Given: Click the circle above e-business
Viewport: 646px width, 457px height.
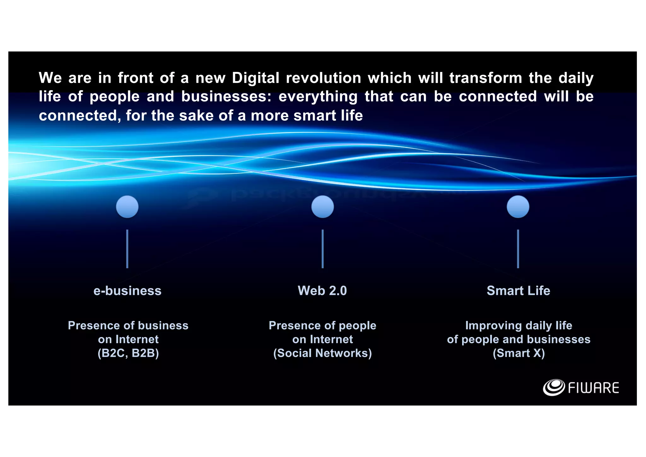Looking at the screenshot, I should [x=127, y=207].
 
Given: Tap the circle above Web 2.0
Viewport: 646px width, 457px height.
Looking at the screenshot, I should [x=322, y=207].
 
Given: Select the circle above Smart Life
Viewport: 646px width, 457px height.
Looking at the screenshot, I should [x=518, y=207].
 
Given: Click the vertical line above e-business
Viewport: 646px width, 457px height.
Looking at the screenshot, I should [x=127, y=249].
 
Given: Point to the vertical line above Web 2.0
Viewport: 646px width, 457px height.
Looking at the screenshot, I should [x=322, y=249].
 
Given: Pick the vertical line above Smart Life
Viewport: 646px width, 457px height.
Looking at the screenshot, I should [x=518, y=249].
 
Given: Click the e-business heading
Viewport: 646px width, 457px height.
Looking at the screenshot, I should [x=127, y=291].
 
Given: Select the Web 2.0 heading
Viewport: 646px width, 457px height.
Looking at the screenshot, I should [x=322, y=291].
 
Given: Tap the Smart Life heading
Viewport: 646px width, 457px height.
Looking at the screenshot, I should [x=518, y=291].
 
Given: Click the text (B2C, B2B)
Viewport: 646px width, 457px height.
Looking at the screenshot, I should [x=128, y=353].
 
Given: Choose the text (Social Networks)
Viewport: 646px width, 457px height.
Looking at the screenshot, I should [x=322, y=353].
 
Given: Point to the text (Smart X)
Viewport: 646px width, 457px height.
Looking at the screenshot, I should [x=519, y=353].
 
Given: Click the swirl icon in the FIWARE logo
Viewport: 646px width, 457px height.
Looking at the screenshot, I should [x=554, y=387].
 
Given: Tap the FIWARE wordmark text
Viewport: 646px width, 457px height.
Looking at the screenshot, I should [x=593, y=388].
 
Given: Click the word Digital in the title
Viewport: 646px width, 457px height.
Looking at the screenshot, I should [x=255, y=78].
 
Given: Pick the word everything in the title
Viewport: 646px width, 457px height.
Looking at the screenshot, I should [x=318, y=97].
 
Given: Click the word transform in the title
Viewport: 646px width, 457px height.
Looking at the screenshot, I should [x=486, y=78].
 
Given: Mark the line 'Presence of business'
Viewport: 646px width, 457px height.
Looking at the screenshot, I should [x=128, y=325].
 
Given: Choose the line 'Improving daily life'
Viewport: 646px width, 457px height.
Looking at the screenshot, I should [x=519, y=325].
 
